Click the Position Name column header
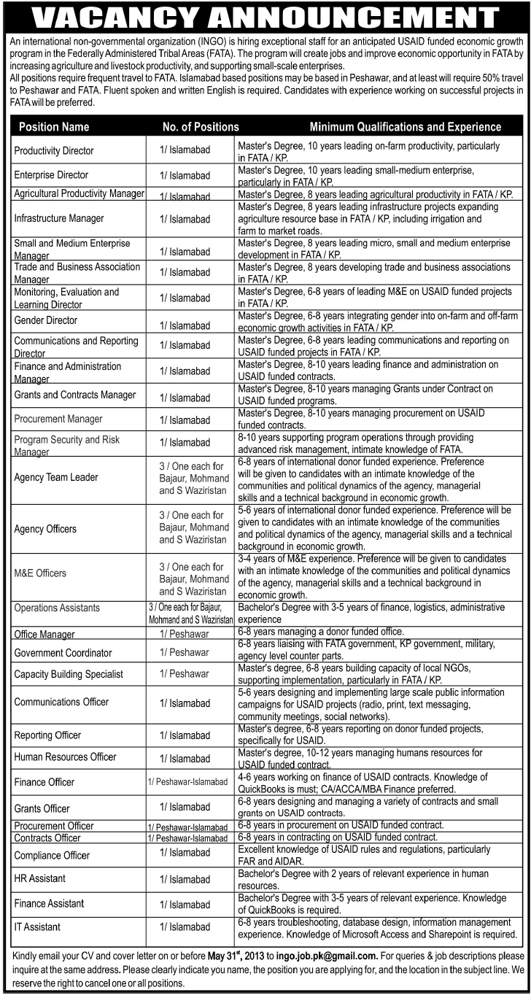54,127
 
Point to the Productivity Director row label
54,151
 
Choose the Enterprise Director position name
51,175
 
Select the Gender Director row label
45,320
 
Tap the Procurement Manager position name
58,419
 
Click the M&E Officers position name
40,573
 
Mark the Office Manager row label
45,635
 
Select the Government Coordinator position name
63,652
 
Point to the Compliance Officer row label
52,855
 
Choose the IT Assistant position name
37,927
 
